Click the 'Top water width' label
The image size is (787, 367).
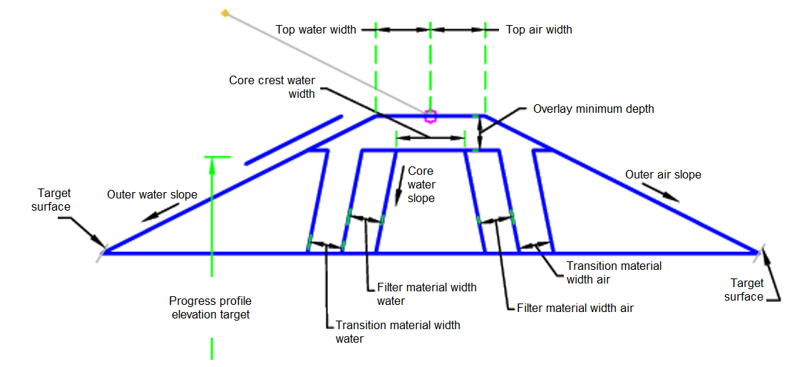[316, 30]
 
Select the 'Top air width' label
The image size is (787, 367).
[539, 30]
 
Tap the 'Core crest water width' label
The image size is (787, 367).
[272, 87]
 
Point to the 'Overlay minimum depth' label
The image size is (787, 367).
[593, 109]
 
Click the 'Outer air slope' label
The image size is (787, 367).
[663, 174]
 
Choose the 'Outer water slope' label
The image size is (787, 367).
[152, 194]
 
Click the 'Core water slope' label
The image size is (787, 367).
[421, 185]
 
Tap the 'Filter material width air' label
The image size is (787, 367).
[575, 308]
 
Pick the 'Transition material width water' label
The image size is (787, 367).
[398, 331]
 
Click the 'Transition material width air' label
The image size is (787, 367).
[614, 272]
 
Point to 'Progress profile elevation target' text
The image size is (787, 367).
[210, 308]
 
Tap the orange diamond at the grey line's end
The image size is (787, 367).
[225, 13]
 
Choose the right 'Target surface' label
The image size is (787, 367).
[744, 290]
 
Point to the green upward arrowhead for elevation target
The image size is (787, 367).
[212, 163]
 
